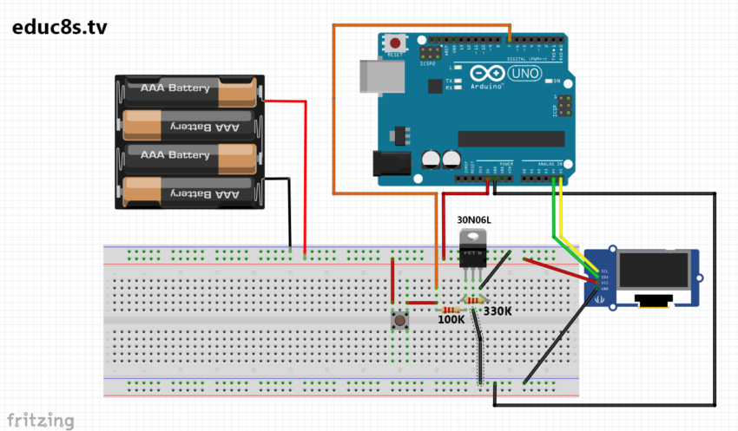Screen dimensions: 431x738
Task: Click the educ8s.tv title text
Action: coord(60,27)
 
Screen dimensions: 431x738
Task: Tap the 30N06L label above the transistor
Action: coord(473,220)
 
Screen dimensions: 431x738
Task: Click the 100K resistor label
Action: coord(451,320)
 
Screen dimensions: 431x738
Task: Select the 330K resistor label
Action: coord(497,310)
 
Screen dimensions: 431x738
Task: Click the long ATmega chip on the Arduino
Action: coord(504,139)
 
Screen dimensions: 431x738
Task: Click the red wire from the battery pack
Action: coord(305,173)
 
